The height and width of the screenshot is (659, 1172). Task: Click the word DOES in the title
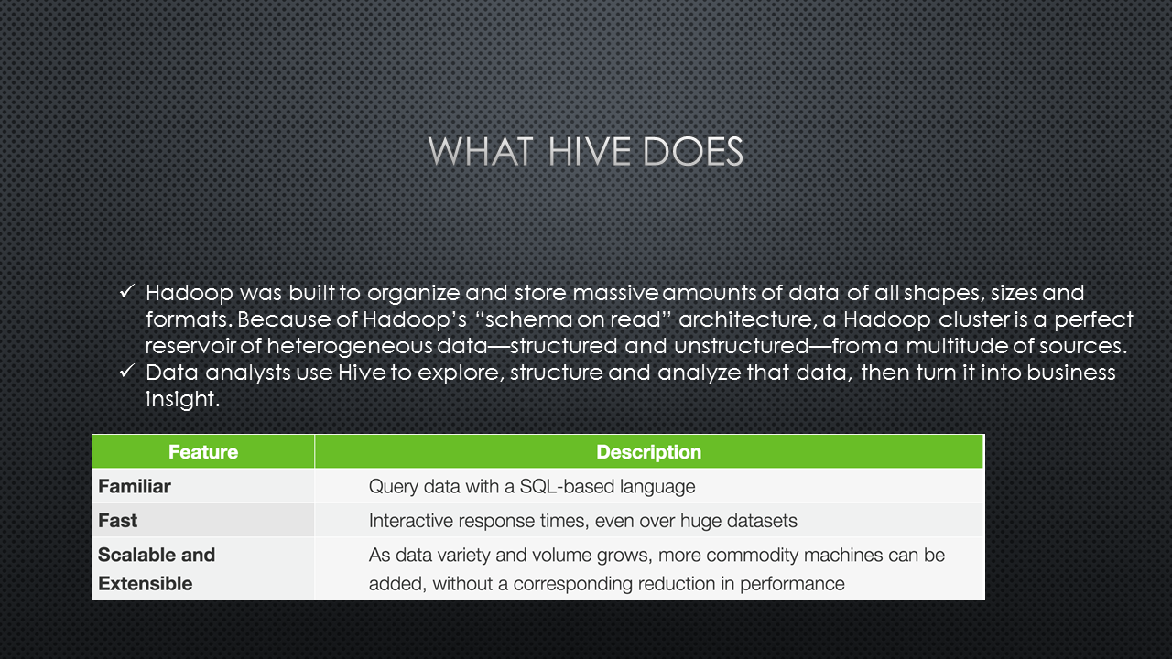point(693,152)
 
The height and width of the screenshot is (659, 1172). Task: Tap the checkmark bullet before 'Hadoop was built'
point(127,291)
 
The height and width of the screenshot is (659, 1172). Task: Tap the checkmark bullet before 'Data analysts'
point(127,371)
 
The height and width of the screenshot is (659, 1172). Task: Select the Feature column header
point(203,452)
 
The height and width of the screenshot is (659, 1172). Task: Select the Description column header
point(649,452)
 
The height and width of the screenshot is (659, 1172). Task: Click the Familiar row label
point(135,486)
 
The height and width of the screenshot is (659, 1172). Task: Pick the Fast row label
point(118,521)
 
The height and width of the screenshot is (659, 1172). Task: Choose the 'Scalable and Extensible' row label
point(157,569)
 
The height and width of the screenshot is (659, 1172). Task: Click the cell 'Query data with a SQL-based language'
point(532,487)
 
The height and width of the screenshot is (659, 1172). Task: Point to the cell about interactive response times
point(583,521)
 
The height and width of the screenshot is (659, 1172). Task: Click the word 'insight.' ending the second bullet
point(182,399)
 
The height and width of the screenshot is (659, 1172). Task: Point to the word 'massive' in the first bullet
point(615,293)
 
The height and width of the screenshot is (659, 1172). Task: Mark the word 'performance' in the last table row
point(792,584)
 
